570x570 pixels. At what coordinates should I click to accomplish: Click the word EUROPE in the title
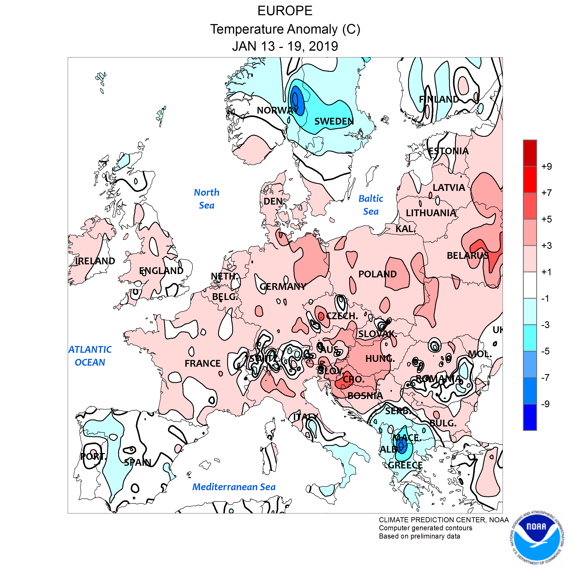(285, 11)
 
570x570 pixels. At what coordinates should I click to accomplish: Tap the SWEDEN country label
(334, 121)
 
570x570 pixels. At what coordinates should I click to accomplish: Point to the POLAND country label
(377, 274)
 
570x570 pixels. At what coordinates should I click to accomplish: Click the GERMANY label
(283, 286)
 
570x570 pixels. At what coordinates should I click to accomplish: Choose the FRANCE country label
(202, 363)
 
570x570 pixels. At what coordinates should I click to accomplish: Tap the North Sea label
(206, 199)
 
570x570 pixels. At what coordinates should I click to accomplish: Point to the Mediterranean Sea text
(234, 487)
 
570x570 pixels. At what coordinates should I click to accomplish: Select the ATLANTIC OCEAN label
(90, 356)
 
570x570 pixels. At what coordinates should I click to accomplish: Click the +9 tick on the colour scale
(546, 166)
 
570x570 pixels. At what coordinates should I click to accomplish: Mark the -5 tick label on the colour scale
(545, 351)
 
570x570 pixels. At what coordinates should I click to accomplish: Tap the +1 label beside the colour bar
(546, 272)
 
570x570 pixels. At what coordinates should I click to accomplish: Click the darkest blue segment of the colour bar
(530, 417)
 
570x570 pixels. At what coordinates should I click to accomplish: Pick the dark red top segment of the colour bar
(530, 153)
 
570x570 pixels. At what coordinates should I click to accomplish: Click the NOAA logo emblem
(537, 538)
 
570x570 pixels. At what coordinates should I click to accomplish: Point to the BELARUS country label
(468, 255)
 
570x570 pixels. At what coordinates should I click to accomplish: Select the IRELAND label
(95, 261)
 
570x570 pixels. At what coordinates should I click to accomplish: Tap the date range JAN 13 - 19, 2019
(285, 46)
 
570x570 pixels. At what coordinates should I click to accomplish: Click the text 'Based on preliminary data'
(419, 536)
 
